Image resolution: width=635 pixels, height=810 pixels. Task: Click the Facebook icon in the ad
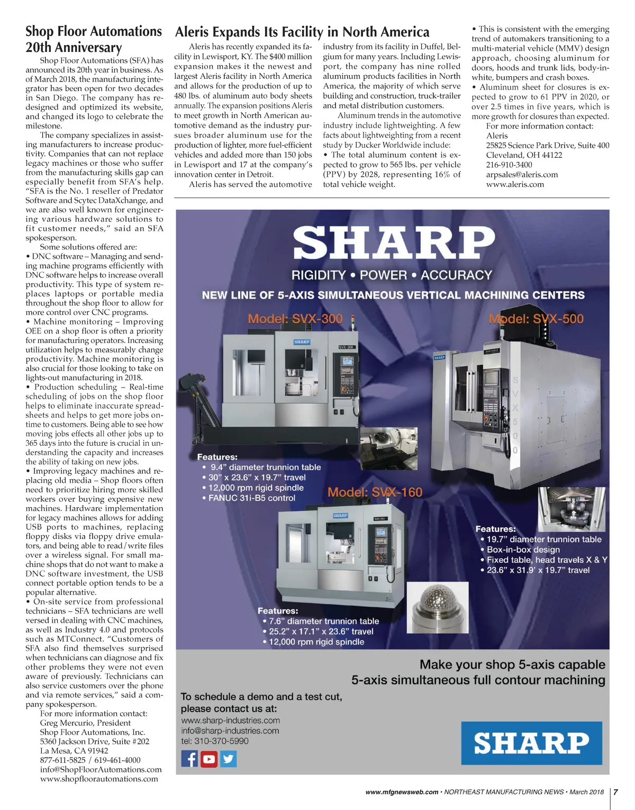(189, 759)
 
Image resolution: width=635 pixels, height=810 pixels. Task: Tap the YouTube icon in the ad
(209, 759)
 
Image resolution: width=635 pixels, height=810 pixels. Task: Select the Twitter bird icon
(229, 759)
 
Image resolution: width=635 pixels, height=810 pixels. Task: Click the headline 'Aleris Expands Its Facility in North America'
(302, 32)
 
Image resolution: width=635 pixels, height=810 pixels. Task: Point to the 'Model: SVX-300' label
(295, 319)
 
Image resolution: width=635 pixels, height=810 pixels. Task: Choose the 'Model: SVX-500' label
(536, 319)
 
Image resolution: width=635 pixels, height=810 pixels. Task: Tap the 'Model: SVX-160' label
(375, 492)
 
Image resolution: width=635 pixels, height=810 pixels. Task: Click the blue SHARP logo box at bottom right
(531, 743)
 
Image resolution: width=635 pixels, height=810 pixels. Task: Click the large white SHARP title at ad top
(394, 243)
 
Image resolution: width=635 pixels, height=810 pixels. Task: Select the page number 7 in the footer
(616, 792)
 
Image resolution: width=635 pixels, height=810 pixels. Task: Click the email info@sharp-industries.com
(230, 731)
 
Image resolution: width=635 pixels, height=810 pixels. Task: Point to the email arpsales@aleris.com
(522, 175)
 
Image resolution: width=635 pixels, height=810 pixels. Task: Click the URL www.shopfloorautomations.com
(99, 779)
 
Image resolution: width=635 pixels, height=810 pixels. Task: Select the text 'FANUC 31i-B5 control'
(251, 498)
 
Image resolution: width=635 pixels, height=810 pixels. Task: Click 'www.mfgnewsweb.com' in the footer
(402, 792)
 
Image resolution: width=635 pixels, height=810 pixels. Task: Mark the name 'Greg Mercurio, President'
(85, 723)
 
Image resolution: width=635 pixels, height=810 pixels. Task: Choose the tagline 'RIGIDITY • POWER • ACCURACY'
(392, 275)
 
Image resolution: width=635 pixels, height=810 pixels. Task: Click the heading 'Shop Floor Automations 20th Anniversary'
(94, 39)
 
